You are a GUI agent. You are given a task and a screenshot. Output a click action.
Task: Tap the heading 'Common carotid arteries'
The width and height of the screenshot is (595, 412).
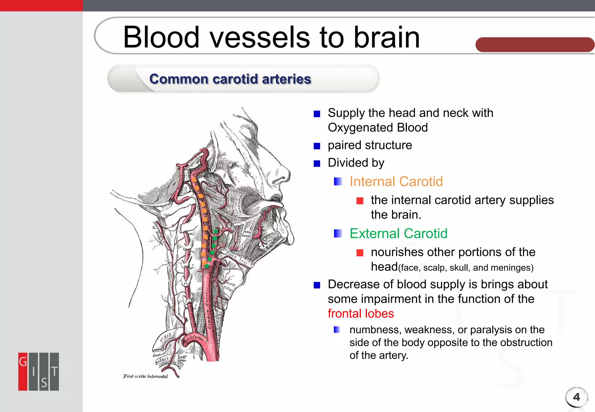pyautogui.click(x=230, y=79)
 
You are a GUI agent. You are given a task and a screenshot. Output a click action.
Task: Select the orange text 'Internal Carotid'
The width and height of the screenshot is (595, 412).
pyautogui.click(x=396, y=182)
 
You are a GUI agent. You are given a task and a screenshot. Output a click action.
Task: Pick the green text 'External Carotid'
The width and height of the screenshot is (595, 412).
pyautogui.click(x=398, y=234)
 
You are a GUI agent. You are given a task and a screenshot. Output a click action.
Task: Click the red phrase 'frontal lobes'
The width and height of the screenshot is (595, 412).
pyautogui.click(x=361, y=314)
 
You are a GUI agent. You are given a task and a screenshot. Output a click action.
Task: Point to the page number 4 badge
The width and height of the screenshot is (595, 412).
pyautogui.click(x=576, y=397)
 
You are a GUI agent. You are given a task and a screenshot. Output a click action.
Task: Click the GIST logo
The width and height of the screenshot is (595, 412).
pyautogui.click(x=39, y=372)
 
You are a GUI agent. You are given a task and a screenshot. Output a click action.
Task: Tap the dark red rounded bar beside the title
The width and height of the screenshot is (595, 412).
pyautogui.click(x=535, y=45)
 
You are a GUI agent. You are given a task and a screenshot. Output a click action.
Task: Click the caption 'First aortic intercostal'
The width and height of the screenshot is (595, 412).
pyautogui.click(x=146, y=377)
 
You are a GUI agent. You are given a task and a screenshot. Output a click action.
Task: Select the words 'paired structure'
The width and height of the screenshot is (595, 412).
pyautogui.click(x=370, y=145)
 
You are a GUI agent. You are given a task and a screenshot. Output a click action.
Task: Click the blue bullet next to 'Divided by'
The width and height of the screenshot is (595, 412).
pyautogui.click(x=317, y=164)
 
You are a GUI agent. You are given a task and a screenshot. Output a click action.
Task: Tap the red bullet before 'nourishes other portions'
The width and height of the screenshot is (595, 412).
pyautogui.click(x=360, y=253)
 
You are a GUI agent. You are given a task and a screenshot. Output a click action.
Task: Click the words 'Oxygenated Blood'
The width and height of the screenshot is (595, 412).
pyautogui.click(x=377, y=128)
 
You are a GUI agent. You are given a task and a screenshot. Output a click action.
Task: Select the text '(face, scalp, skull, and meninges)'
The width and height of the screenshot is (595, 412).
pyautogui.click(x=466, y=268)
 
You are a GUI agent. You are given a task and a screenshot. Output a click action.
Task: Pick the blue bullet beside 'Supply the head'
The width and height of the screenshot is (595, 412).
pyautogui.click(x=317, y=114)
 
